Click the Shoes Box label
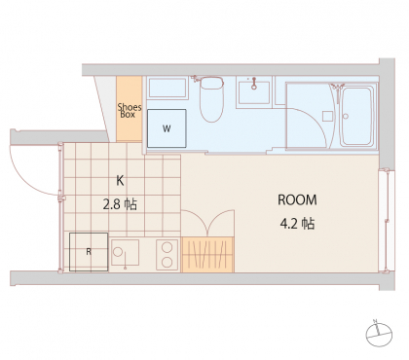click(130, 111)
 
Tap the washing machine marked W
click(167, 128)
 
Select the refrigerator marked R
click(89, 252)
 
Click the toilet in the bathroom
click(211, 98)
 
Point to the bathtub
click(356, 116)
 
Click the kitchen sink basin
click(125, 253)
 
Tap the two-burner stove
click(167, 255)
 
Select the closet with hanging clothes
click(207, 255)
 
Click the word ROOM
click(297, 200)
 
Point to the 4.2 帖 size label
click(297, 224)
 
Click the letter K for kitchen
click(120, 181)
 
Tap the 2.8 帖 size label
click(120, 204)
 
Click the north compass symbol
click(379, 335)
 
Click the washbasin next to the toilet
click(254, 92)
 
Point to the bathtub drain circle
click(346, 116)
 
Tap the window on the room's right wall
click(387, 221)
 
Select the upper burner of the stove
click(167, 247)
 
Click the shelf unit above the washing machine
click(167, 88)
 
